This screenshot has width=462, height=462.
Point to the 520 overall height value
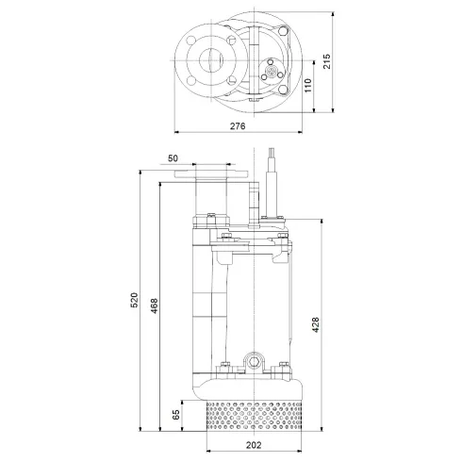tap(134, 301)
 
